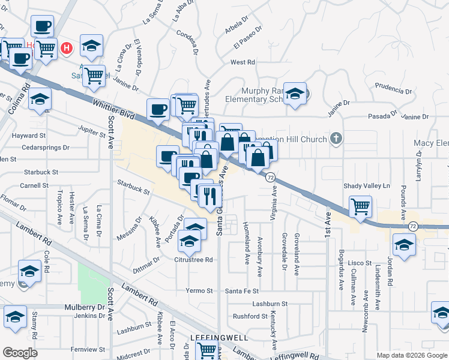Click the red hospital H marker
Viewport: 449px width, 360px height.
(x=67, y=47)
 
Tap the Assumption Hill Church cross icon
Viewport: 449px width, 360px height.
(x=336, y=139)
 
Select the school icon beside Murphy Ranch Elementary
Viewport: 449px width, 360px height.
(x=295, y=93)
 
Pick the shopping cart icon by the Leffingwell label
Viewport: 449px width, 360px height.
(x=206, y=349)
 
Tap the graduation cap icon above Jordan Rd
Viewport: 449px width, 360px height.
(x=404, y=245)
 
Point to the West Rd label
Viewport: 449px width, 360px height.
(x=243, y=62)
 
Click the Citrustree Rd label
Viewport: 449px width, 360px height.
(x=193, y=260)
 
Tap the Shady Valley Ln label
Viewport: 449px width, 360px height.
(x=367, y=185)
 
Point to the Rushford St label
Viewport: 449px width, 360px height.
(x=250, y=316)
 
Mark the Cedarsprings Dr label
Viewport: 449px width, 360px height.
(x=45, y=146)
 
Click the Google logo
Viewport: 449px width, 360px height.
(x=20, y=353)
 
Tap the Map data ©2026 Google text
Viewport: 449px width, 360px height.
(x=411, y=355)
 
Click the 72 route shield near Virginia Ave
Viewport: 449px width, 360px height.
(x=271, y=178)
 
